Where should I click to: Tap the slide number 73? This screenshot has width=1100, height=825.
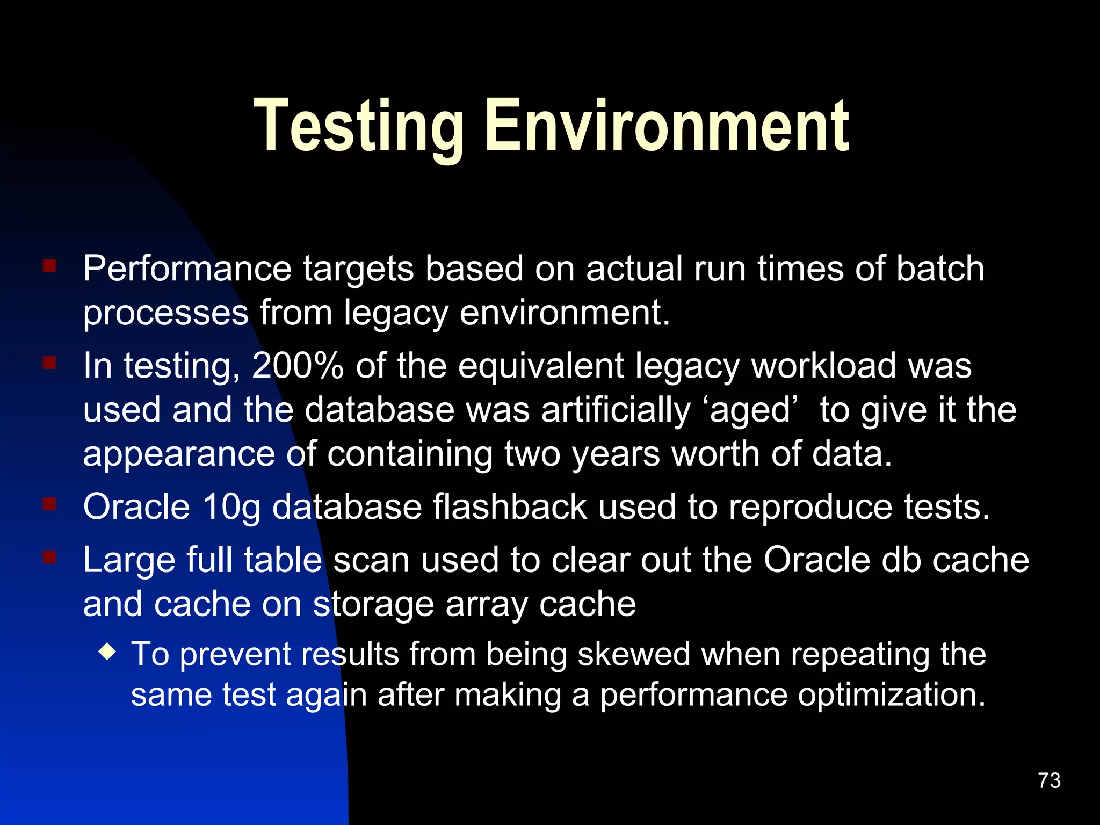(1049, 780)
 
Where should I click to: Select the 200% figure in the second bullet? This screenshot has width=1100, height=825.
(298, 366)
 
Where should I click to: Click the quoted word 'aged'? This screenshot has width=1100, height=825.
(750, 411)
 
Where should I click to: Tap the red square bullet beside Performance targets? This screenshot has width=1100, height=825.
(49, 266)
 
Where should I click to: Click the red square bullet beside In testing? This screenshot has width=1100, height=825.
(49, 364)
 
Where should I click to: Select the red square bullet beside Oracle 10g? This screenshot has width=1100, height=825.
(49, 504)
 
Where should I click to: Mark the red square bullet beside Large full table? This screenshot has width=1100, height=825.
(49, 558)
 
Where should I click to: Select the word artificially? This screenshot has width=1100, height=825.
(616, 411)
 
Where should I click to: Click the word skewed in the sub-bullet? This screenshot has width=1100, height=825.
(634, 655)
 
